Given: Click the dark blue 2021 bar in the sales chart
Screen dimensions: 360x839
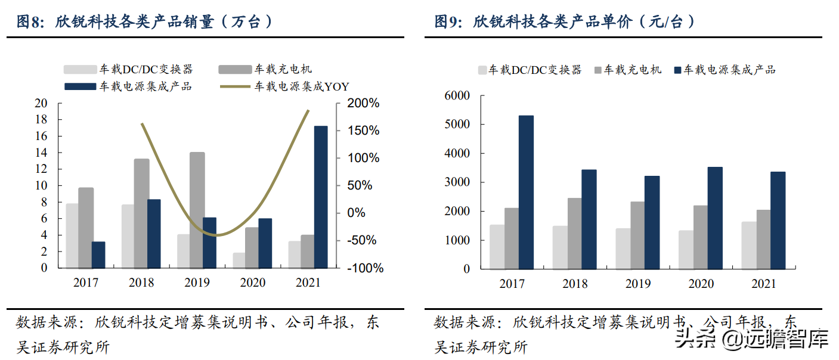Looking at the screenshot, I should coord(321,197).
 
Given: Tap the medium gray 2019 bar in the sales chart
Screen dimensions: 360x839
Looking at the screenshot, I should coord(197,210).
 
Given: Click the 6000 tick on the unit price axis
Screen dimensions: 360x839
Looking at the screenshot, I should coord(457,95).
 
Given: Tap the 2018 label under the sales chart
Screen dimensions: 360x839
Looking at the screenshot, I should coord(141,283).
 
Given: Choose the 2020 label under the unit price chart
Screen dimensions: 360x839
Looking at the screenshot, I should coord(701,284).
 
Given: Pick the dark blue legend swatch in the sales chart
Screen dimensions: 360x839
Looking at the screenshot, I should coord(80,87).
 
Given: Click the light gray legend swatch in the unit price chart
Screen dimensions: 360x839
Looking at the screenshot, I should coord(482,70).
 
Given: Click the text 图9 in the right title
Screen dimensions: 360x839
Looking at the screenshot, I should coord(448,22).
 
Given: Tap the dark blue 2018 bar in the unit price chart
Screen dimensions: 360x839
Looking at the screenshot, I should coord(589,219).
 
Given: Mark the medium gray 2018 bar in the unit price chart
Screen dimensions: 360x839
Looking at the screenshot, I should coord(575,234).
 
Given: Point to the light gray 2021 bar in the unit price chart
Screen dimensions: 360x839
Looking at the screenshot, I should coord(749,246).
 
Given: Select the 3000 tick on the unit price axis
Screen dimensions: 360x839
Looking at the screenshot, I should coord(457,182).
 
